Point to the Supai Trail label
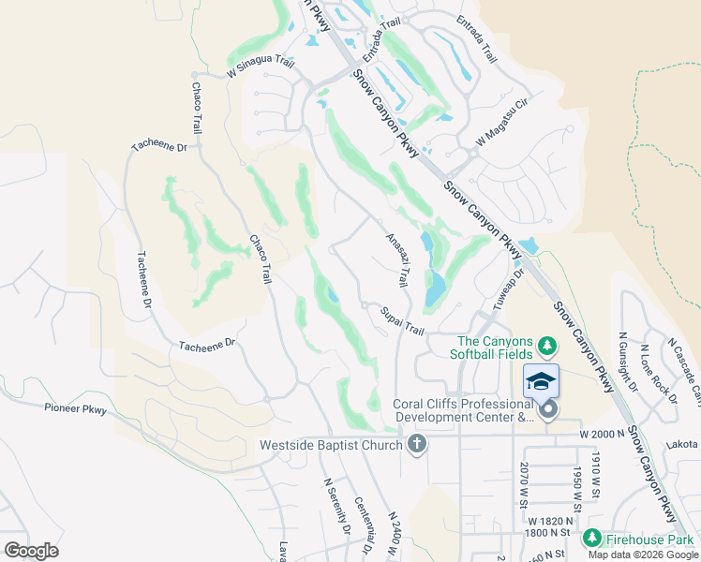[x=403, y=320]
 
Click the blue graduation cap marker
[x=541, y=381]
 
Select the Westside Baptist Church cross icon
[x=417, y=445]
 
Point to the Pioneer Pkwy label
[x=76, y=408]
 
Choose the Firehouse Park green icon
[x=591, y=538]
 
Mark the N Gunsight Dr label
[x=626, y=362]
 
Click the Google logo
[x=31, y=551]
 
